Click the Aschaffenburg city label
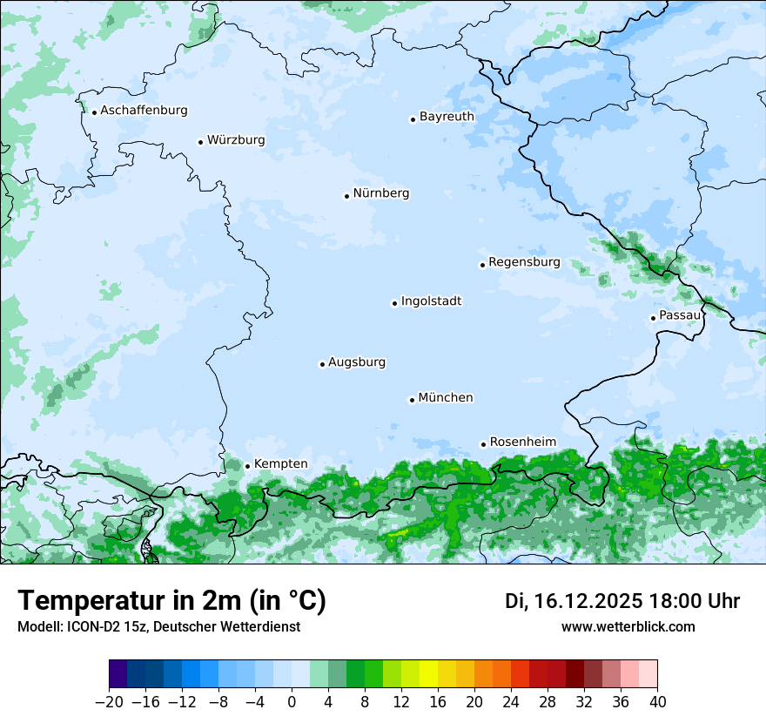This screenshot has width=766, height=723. coord(144,111)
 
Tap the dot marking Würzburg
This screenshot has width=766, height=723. coord(200,142)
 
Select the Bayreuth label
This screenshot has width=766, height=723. coord(447,117)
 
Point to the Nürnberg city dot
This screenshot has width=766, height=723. coord(346,196)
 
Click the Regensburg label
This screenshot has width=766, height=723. coord(524,262)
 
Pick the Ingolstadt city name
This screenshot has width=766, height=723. coord(431,301)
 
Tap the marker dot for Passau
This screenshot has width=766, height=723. coord(653,318)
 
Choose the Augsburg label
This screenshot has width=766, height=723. coord(357,362)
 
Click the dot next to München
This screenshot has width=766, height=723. coord(412,400)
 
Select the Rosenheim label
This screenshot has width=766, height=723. coord(522,443)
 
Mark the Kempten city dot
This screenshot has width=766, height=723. coord(247,466)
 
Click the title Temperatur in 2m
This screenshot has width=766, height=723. coord(171,601)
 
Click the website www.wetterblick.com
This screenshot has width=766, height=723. coord(628,627)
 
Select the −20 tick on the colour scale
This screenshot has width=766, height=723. coord(109,702)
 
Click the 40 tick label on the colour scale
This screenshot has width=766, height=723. coord(657,702)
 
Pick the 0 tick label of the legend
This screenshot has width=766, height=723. coord(292,702)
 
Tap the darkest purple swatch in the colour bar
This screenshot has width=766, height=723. coord(118,674)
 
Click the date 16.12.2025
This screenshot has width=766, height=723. coord(588,601)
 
